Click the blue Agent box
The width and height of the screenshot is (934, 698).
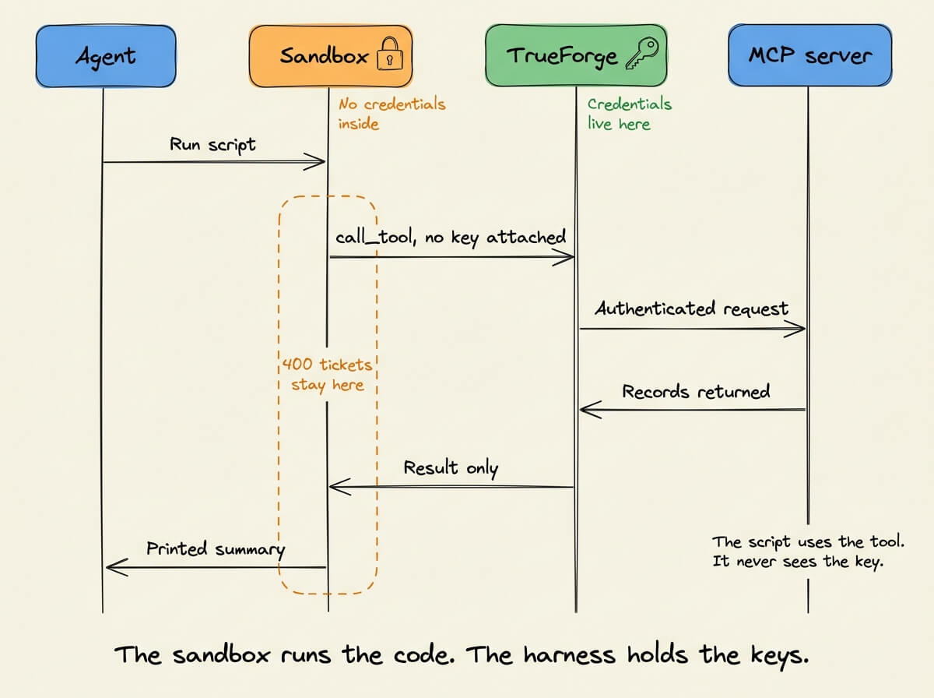coord(106,56)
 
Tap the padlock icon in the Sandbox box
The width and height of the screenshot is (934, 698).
coord(390,54)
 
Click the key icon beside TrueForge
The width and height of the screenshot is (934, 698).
coord(642,53)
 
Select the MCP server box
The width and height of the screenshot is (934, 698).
coord(809,55)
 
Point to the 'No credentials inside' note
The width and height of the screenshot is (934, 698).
coord(392,114)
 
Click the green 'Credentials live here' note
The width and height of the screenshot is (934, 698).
coord(630,114)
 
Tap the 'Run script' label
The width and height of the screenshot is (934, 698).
coord(212,145)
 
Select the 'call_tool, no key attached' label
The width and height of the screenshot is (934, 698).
coord(451,237)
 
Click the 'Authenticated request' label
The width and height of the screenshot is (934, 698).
coord(691,308)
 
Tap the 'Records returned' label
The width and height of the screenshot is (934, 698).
coord(696,391)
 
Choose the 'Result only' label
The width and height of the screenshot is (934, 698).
coord(451,468)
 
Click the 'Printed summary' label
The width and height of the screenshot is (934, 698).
coord(216,549)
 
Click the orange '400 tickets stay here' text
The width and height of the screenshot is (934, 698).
coord(327,375)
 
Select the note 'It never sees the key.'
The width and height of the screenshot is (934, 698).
coord(798,562)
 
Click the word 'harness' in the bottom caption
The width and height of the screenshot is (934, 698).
coord(569,654)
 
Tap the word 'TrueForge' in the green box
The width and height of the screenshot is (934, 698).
coord(562,57)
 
